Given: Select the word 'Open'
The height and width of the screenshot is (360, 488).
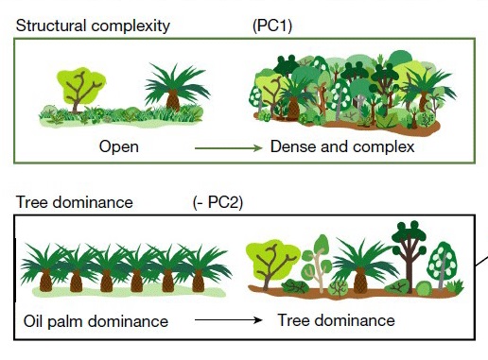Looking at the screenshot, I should point(119,147).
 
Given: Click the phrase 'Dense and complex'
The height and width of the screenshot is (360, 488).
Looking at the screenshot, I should point(342,147).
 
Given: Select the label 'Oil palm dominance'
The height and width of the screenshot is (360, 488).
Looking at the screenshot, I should point(95,321).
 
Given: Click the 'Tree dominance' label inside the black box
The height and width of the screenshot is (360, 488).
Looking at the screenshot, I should point(336,320).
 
